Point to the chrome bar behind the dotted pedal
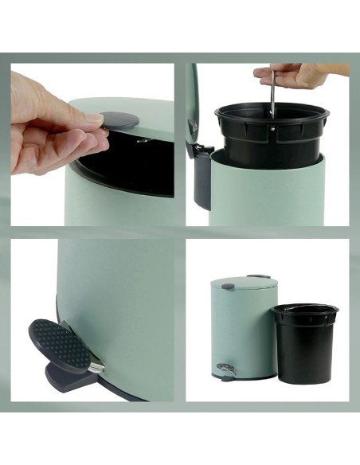point(94,367)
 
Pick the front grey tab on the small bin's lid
point(228,285)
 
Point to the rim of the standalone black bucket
point(305,310)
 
